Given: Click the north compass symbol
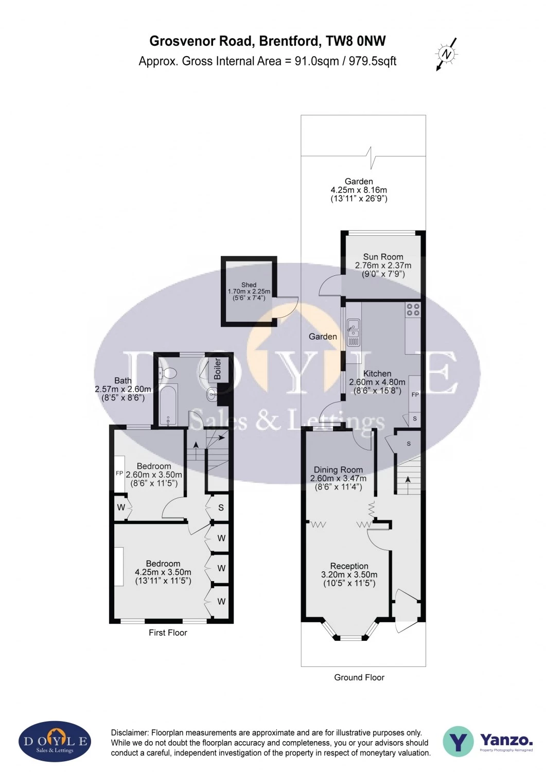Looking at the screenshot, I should tap(447, 54).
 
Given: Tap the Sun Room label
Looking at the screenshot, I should tap(383, 257).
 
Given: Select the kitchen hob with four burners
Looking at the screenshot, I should tap(413, 309).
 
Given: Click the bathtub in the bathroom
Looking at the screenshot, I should tap(168, 405).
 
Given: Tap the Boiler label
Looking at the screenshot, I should tap(218, 369).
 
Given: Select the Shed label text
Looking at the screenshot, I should tap(249, 285).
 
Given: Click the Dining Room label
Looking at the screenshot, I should tap(338, 470).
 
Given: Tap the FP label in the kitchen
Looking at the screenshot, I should tap(415, 395).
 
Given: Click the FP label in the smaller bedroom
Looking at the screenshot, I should tap(119, 473).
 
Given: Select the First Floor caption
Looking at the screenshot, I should tap(168, 633).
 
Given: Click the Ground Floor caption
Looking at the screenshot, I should tap(359, 677).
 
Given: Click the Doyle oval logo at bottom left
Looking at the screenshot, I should tap(55, 742).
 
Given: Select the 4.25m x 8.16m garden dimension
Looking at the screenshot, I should tap(359, 190).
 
